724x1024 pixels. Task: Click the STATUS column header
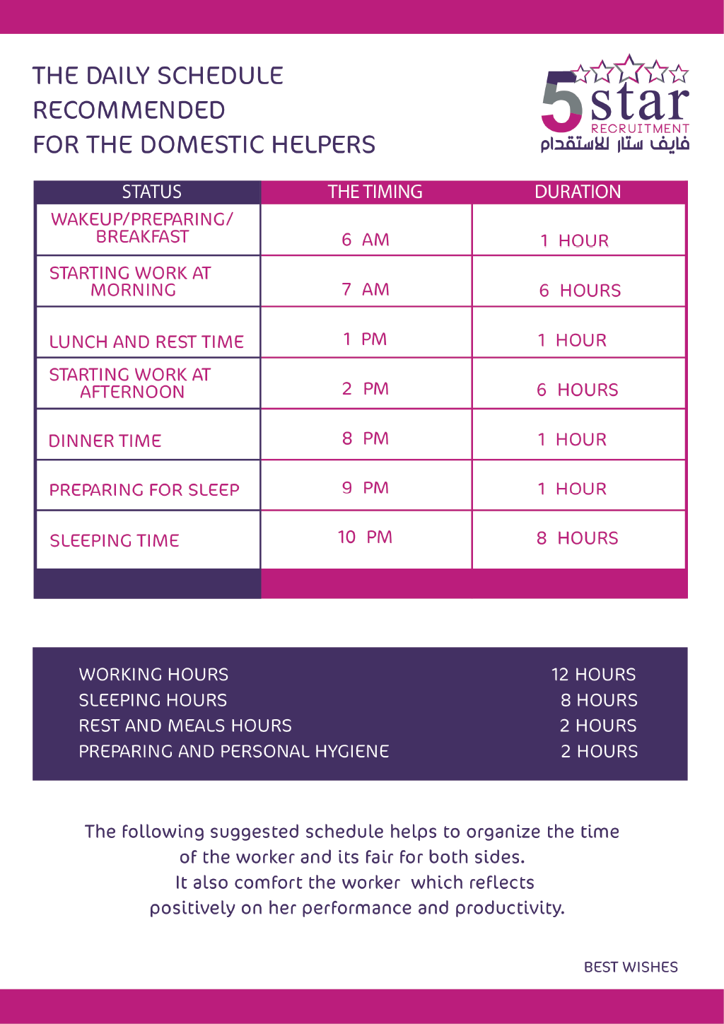coord(151,192)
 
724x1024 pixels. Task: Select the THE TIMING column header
coord(375,192)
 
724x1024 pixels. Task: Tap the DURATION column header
coord(578,192)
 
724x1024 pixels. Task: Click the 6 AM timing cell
coord(366,240)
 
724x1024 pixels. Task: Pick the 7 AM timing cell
coord(366,289)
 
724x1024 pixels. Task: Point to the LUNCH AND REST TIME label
coord(146,342)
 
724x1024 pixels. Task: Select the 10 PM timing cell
coord(365,537)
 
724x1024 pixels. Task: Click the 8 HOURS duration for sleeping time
coord(577,538)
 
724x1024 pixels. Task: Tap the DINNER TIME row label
coord(105,441)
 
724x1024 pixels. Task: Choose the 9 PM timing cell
coord(366,488)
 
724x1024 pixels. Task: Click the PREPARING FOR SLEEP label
coord(144,489)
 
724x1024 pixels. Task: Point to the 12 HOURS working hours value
coord(593,675)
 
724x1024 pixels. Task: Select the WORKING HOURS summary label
coord(153,675)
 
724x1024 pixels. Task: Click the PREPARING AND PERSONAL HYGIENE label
coord(233,751)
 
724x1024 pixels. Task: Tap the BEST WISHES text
coord(631,967)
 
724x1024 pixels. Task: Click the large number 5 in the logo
coord(561,101)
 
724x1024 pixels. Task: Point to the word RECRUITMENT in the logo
coord(639,129)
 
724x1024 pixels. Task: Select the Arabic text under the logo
coord(614,144)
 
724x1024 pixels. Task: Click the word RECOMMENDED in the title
coord(129,110)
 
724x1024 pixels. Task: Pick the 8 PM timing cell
coord(366,438)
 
